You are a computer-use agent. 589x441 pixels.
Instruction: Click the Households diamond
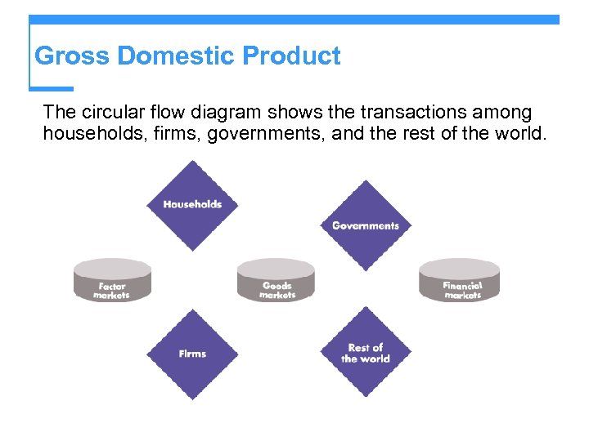tap(192, 204)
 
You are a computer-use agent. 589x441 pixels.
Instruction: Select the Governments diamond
tap(366, 225)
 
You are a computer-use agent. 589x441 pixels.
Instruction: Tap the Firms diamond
tap(192, 354)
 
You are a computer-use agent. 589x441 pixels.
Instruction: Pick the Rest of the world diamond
tap(366, 353)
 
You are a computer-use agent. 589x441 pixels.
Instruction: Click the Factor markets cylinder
tap(112, 281)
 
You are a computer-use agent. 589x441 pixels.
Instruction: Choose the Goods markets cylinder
tap(277, 281)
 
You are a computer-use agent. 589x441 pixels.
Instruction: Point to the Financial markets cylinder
tap(460, 281)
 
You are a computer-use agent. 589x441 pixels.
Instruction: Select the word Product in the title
tap(292, 56)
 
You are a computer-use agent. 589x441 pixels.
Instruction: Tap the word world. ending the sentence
tap(518, 133)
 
